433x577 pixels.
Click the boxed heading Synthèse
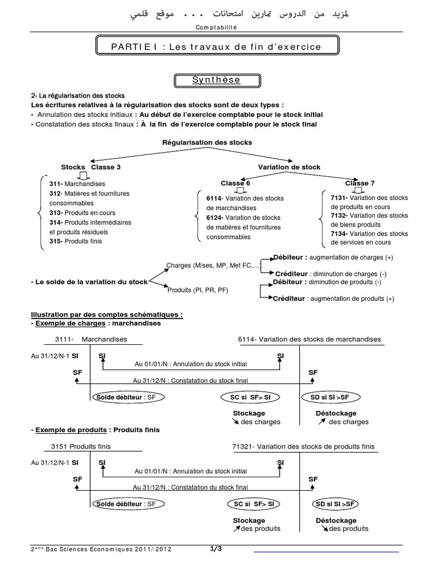pyautogui.click(x=216, y=80)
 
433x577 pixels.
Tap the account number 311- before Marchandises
pyautogui.click(x=56, y=184)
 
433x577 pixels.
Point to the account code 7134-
pyautogui.click(x=340, y=233)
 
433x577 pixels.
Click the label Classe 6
pyautogui.click(x=236, y=183)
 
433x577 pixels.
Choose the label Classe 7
pyautogui.click(x=360, y=183)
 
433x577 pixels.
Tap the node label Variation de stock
pyautogui.click(x=289, y=167)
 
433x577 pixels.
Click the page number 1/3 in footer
pyautogui.click(x=216, y=548)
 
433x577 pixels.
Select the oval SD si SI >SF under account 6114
pyautogui.click(x=329, y=397)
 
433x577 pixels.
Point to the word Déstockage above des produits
pyautogui.click(x=336, y=521)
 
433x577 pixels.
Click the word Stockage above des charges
pyautogui.click(x=249, y=414)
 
